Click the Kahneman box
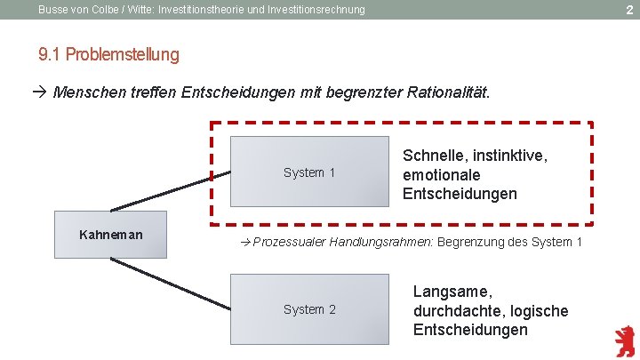point(110,236)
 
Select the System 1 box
point(309,172)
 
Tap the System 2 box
point(309,309)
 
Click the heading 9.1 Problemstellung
point(108,55)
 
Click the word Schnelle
point(433,156)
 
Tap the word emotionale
point(441,175)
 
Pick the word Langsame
point(452,292)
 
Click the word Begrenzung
point(472,243)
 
